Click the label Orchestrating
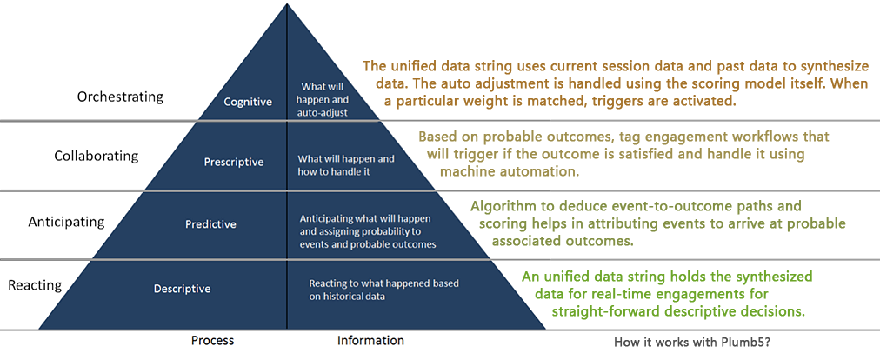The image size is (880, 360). (120, 97)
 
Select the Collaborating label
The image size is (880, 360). (96, 156)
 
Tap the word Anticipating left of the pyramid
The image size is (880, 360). (66, 221)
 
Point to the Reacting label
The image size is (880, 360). (35, 285)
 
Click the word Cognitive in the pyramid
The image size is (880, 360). (248, 103)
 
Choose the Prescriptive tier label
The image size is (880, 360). (233, 163)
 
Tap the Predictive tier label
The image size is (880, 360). (210, 224)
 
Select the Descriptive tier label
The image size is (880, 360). (183, 290)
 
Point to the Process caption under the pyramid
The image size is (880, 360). (213, 340)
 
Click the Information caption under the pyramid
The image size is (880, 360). (370, 340)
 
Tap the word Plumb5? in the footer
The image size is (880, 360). (751, 342)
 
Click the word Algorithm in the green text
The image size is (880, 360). (497, 206)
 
